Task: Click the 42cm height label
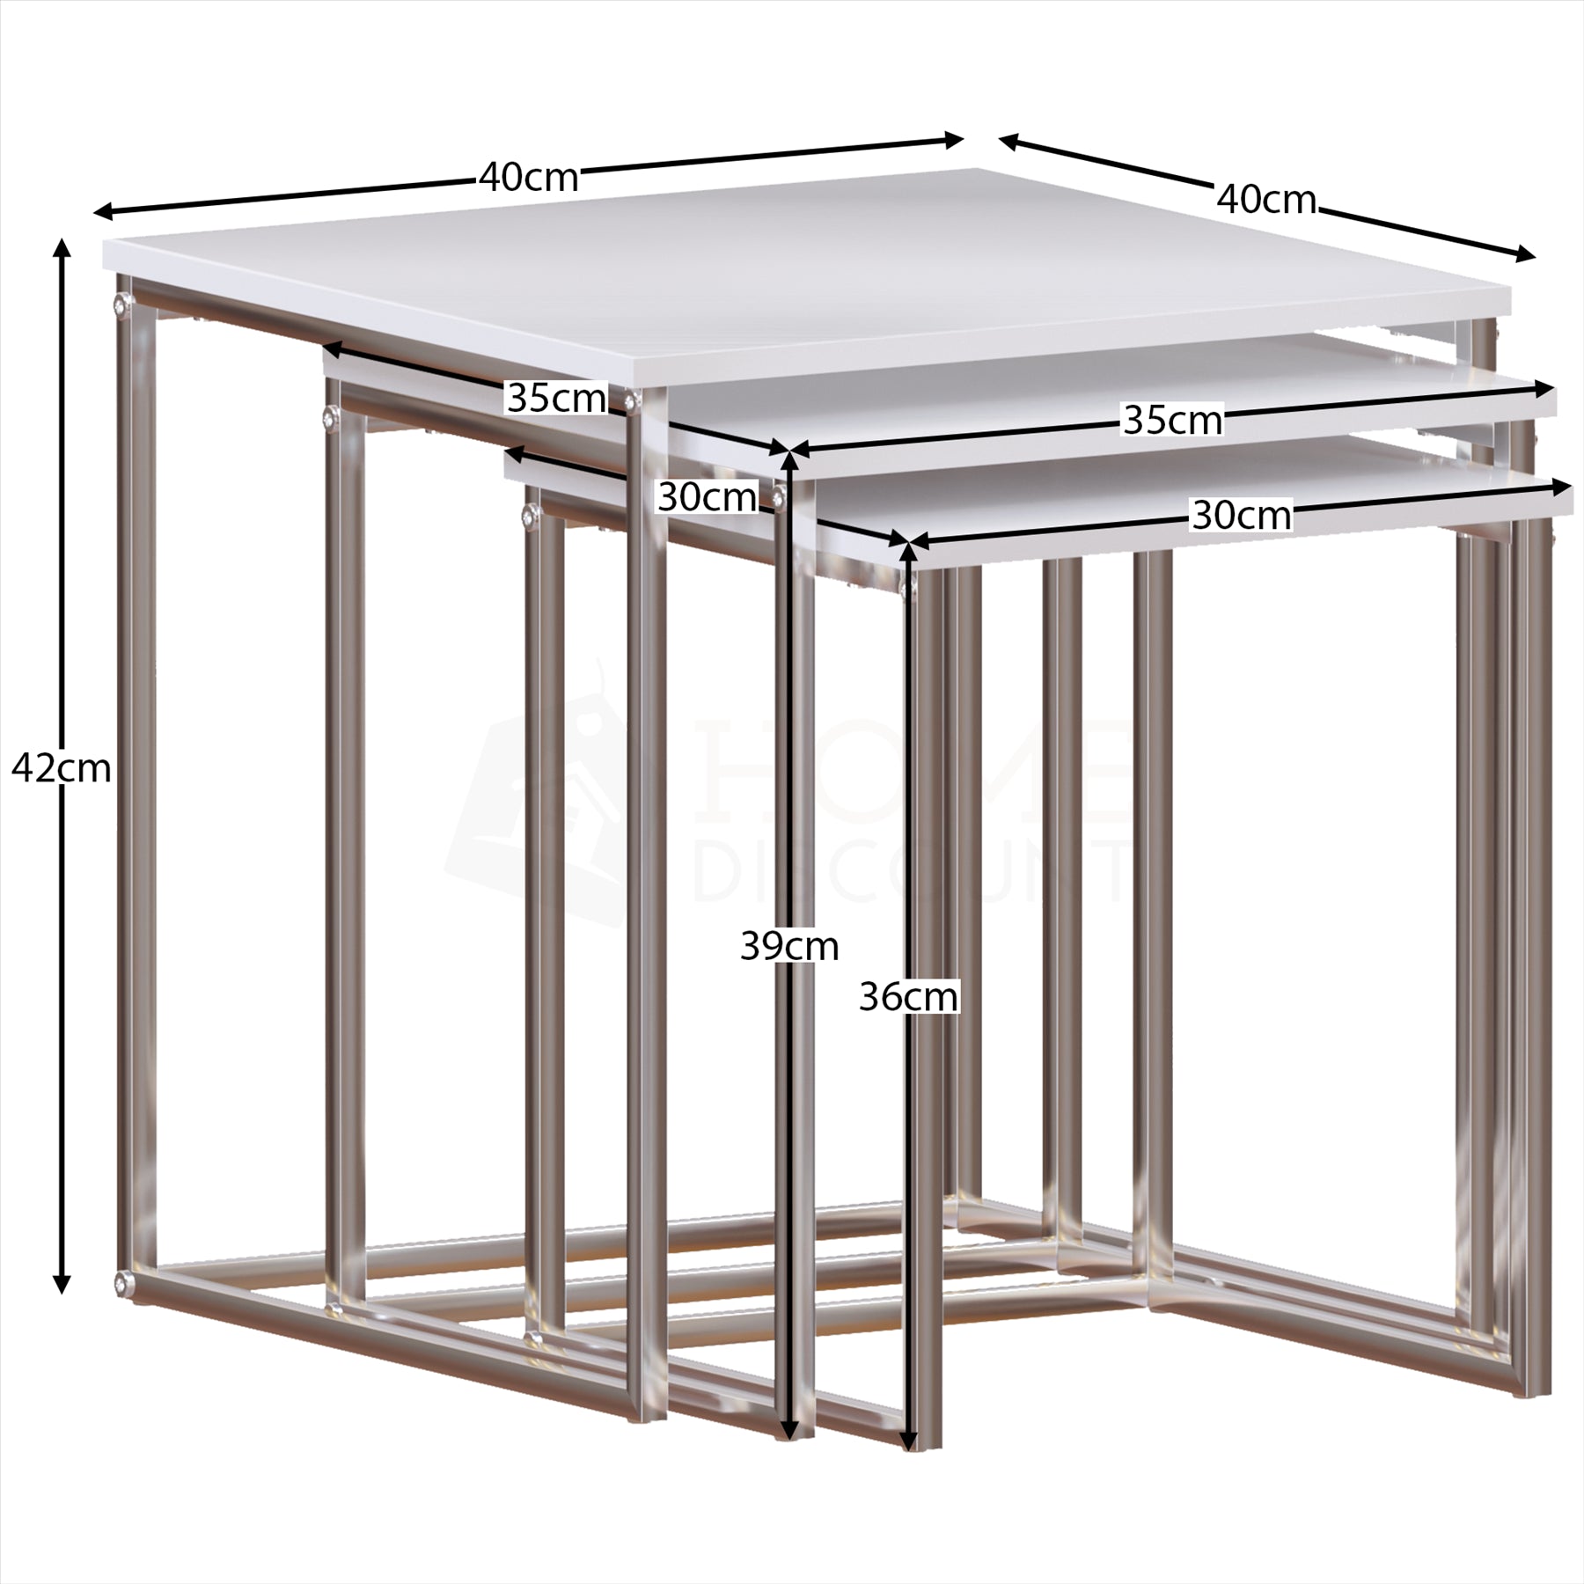click(62, 770)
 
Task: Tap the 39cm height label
click(789, 947)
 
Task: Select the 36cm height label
click(908, 998)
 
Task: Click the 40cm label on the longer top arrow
click(529, 179)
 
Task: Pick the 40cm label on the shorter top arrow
click(1266, 201)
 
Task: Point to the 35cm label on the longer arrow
click(1173, 421)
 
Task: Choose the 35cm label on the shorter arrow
click(557, 399)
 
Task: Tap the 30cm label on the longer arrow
click(1242, 516)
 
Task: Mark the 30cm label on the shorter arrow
click(707, 498)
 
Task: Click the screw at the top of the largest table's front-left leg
click(121, 304)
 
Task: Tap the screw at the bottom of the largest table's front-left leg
click(121, 1281)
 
